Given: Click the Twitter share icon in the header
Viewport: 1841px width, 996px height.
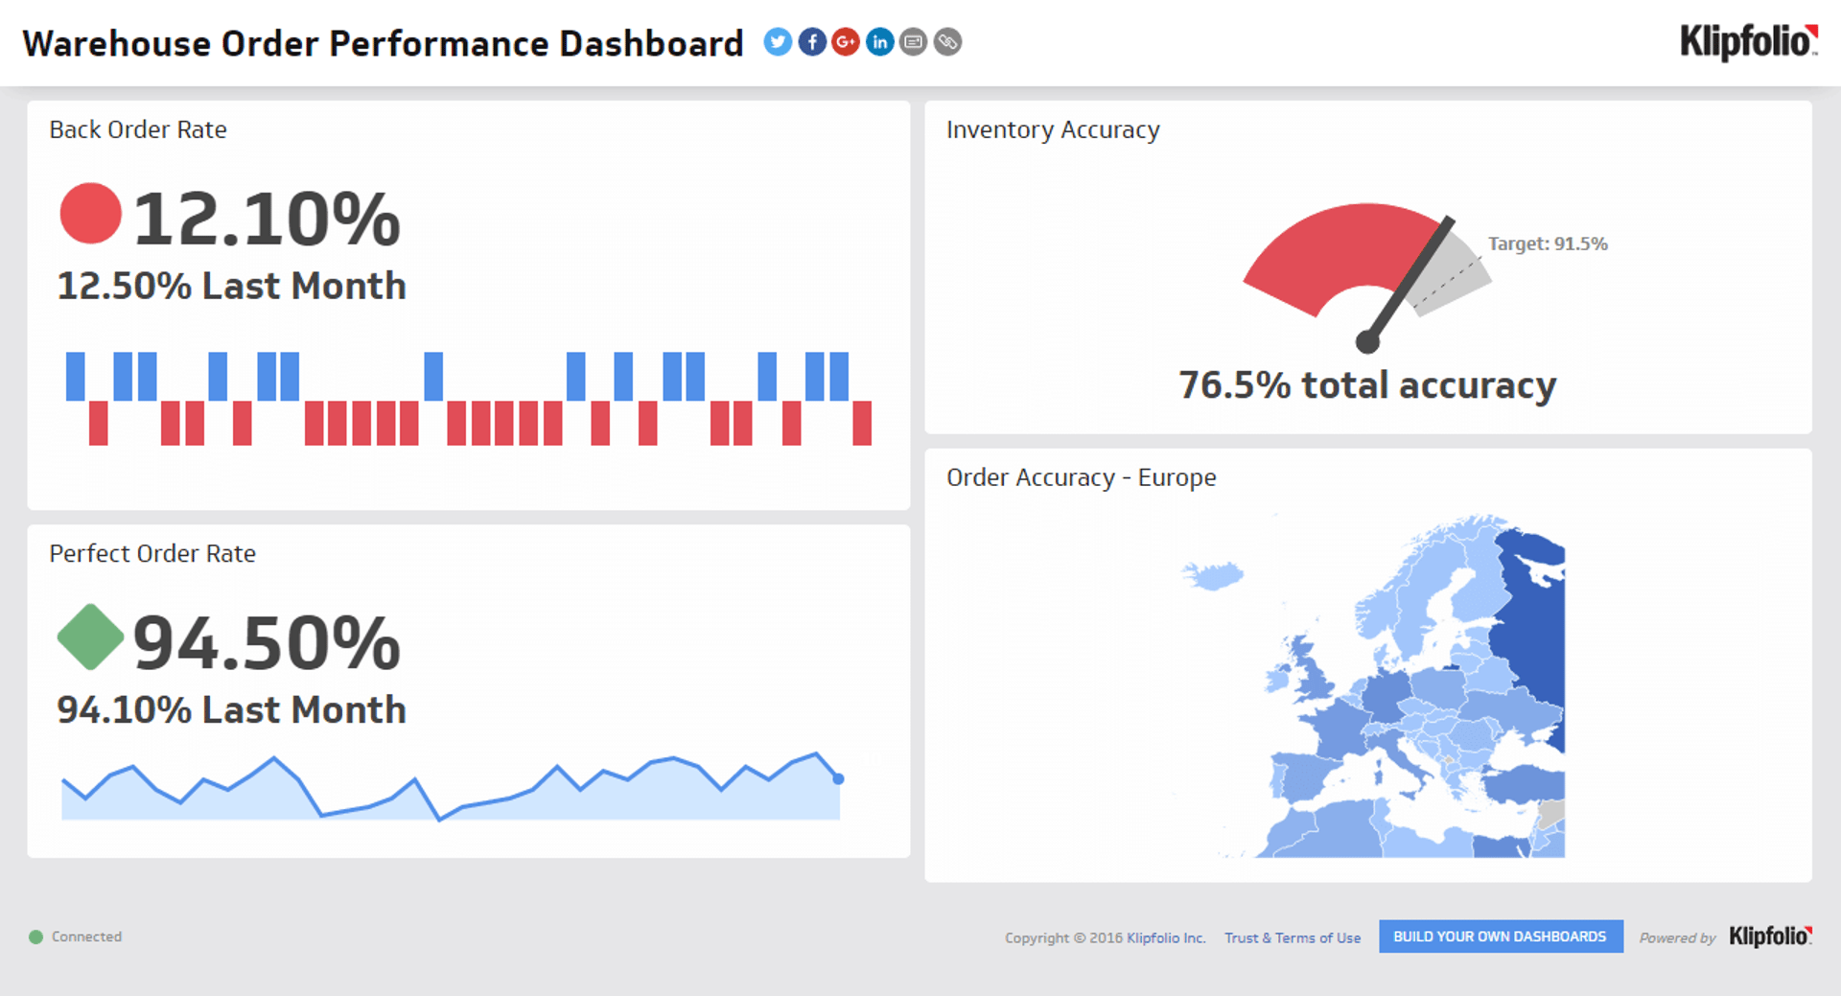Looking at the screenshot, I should [778, 42].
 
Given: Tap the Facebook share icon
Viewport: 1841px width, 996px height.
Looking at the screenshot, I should [812, 42].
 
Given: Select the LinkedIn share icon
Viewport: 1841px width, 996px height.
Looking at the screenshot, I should [879, 42].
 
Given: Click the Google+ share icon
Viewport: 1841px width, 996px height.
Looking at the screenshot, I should [846, 42].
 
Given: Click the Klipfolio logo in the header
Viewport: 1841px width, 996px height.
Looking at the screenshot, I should [1748, 42].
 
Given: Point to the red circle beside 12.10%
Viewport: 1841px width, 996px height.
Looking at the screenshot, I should [90, 213].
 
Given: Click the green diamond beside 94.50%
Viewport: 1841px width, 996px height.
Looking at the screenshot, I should [90, 637].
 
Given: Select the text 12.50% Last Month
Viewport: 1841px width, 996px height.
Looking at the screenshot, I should [231, 286].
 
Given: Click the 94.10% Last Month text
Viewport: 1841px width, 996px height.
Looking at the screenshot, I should [231, 710].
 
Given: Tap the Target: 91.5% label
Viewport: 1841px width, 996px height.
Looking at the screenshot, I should [1547, 243].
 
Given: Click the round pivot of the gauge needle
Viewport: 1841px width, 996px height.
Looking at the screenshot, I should [1367, 341].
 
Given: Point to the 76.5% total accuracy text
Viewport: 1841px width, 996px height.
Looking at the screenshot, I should [1366, 385].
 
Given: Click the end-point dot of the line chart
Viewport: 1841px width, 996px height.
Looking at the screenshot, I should [838, 778].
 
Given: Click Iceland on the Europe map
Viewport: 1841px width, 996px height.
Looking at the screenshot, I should [1214, 576].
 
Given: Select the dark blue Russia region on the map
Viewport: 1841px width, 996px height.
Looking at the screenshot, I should [1534, 633].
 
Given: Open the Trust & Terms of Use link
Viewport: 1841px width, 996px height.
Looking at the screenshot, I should [1292, 938].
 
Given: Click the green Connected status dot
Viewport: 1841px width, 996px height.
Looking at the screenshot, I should [35, 937].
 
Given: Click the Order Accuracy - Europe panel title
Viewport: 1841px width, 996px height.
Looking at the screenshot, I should [1081, 477].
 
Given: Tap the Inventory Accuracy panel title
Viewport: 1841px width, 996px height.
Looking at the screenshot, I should [1052, 129].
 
